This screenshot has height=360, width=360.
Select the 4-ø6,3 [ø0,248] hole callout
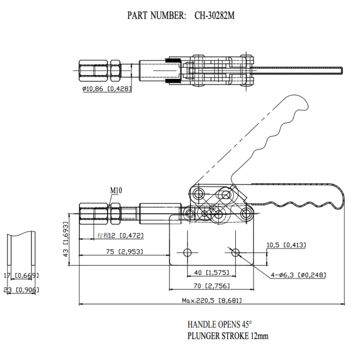pyautogui.click(x=298, y=275)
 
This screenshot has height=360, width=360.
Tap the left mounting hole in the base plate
pyautogui.click(x=187, y=252)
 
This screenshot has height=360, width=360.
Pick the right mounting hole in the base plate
pyautogui.click(x=235, y=252)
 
